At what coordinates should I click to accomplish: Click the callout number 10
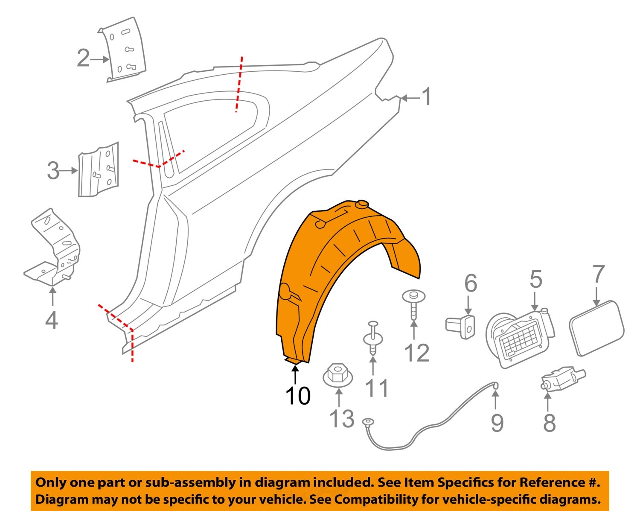click(x=298, y=396)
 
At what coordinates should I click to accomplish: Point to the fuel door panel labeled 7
click(x=596, y=328)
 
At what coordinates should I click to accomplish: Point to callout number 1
click(x=426, y=97)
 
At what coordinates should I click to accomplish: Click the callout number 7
click(x=599, y=274)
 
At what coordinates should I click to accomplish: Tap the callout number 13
click(x=342, y=418)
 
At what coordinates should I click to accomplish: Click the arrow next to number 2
click(x=100, y=59)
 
